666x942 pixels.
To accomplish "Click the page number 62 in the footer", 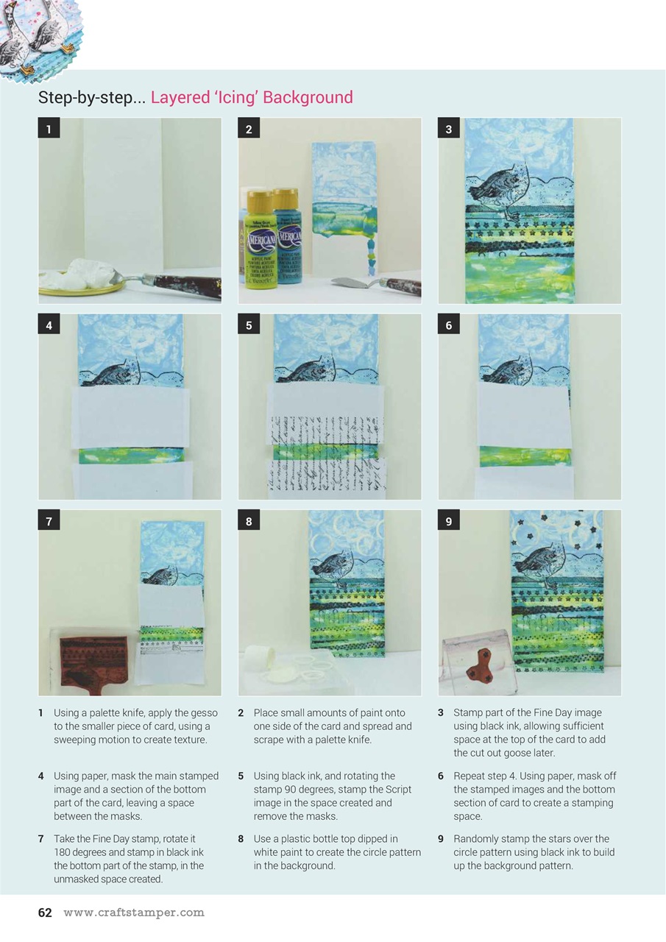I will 45,913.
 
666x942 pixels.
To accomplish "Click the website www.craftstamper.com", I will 133,913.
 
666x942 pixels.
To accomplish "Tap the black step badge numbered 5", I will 249,325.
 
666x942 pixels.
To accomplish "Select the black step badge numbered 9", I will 448,522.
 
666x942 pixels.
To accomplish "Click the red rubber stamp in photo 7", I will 93,656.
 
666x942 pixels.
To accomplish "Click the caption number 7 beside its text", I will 40,839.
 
